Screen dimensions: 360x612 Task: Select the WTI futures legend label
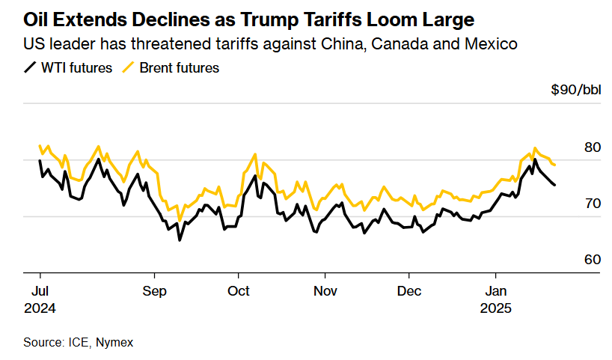(77, 68)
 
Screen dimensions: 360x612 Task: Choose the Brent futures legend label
(180, 68)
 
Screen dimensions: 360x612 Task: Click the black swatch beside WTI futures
(30, 68)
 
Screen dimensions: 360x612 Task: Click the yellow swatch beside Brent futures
(128, 68)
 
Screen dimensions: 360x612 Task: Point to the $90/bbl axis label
(575, 90)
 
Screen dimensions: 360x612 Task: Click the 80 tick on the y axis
(593, 147)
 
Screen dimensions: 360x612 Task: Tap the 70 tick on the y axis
(593, 204)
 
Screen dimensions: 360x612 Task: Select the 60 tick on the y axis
(593, 260)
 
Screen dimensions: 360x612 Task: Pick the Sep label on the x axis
(155, 290)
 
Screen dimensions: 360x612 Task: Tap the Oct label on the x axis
(239, 290)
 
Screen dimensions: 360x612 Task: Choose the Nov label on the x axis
(325, 290)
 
